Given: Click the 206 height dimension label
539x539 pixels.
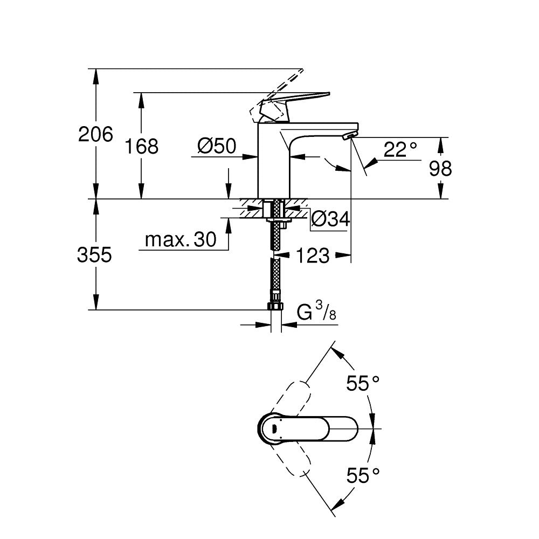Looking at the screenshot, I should (x=95, y=134).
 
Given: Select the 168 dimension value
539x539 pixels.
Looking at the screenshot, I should (x=141, y=146).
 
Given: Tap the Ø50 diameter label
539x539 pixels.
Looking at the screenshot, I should (x=217, y=146).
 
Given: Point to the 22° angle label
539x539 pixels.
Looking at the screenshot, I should (x=400, y=150).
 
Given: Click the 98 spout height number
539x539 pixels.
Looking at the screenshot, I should (x=440, y=169).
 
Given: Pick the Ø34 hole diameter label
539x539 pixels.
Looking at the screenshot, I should (x=331, y=219).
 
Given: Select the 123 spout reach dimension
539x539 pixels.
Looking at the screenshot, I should (x=313, y=256).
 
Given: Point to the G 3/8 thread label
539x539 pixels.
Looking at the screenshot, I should (x=317, y=312).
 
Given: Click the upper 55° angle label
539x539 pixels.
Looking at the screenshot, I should (x=363, y=384).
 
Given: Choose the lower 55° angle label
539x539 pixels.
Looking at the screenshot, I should (x=363, y=475).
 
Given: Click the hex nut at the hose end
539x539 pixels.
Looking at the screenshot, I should (x=275, y=306).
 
